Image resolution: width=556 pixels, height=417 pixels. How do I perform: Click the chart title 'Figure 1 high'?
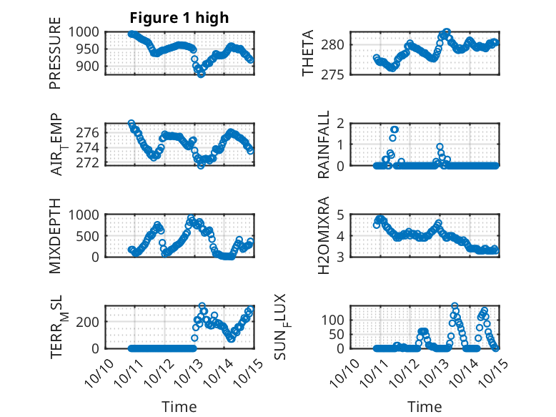(179, 18)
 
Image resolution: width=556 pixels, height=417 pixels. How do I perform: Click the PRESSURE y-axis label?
(55, 59)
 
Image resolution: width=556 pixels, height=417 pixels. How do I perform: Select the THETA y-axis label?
(308, 53)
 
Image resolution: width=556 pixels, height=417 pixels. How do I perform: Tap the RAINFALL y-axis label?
(324, 144)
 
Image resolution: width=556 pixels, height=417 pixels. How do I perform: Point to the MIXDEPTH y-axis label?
(55, 235)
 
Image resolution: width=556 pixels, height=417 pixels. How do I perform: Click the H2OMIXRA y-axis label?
(324, 235)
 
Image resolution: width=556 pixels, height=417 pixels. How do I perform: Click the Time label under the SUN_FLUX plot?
(425, 407)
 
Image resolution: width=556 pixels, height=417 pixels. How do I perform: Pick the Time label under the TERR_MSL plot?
(179, 407)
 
